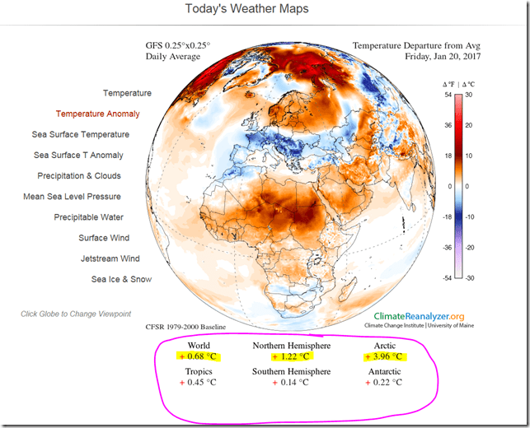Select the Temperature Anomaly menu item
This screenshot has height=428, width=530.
97,114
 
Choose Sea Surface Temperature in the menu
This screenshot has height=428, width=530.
81,134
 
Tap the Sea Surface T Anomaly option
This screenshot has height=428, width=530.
78,155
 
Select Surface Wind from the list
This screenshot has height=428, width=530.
104,237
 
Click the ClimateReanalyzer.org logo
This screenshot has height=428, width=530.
419,316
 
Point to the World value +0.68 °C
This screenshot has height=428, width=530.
199,356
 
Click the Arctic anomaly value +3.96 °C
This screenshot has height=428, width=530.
383,356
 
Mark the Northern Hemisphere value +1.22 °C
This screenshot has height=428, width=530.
291,356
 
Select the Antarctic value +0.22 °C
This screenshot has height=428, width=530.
383,382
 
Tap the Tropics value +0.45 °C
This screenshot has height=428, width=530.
199,382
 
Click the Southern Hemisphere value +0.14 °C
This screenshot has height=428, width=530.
291,382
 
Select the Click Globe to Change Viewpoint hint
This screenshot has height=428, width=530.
76,314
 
